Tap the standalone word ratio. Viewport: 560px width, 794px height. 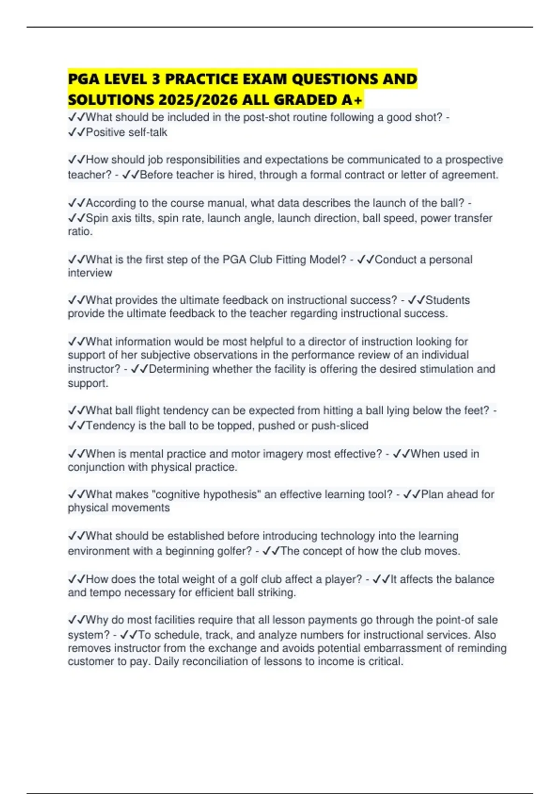[80, 232]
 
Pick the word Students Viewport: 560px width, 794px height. [448, 300]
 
